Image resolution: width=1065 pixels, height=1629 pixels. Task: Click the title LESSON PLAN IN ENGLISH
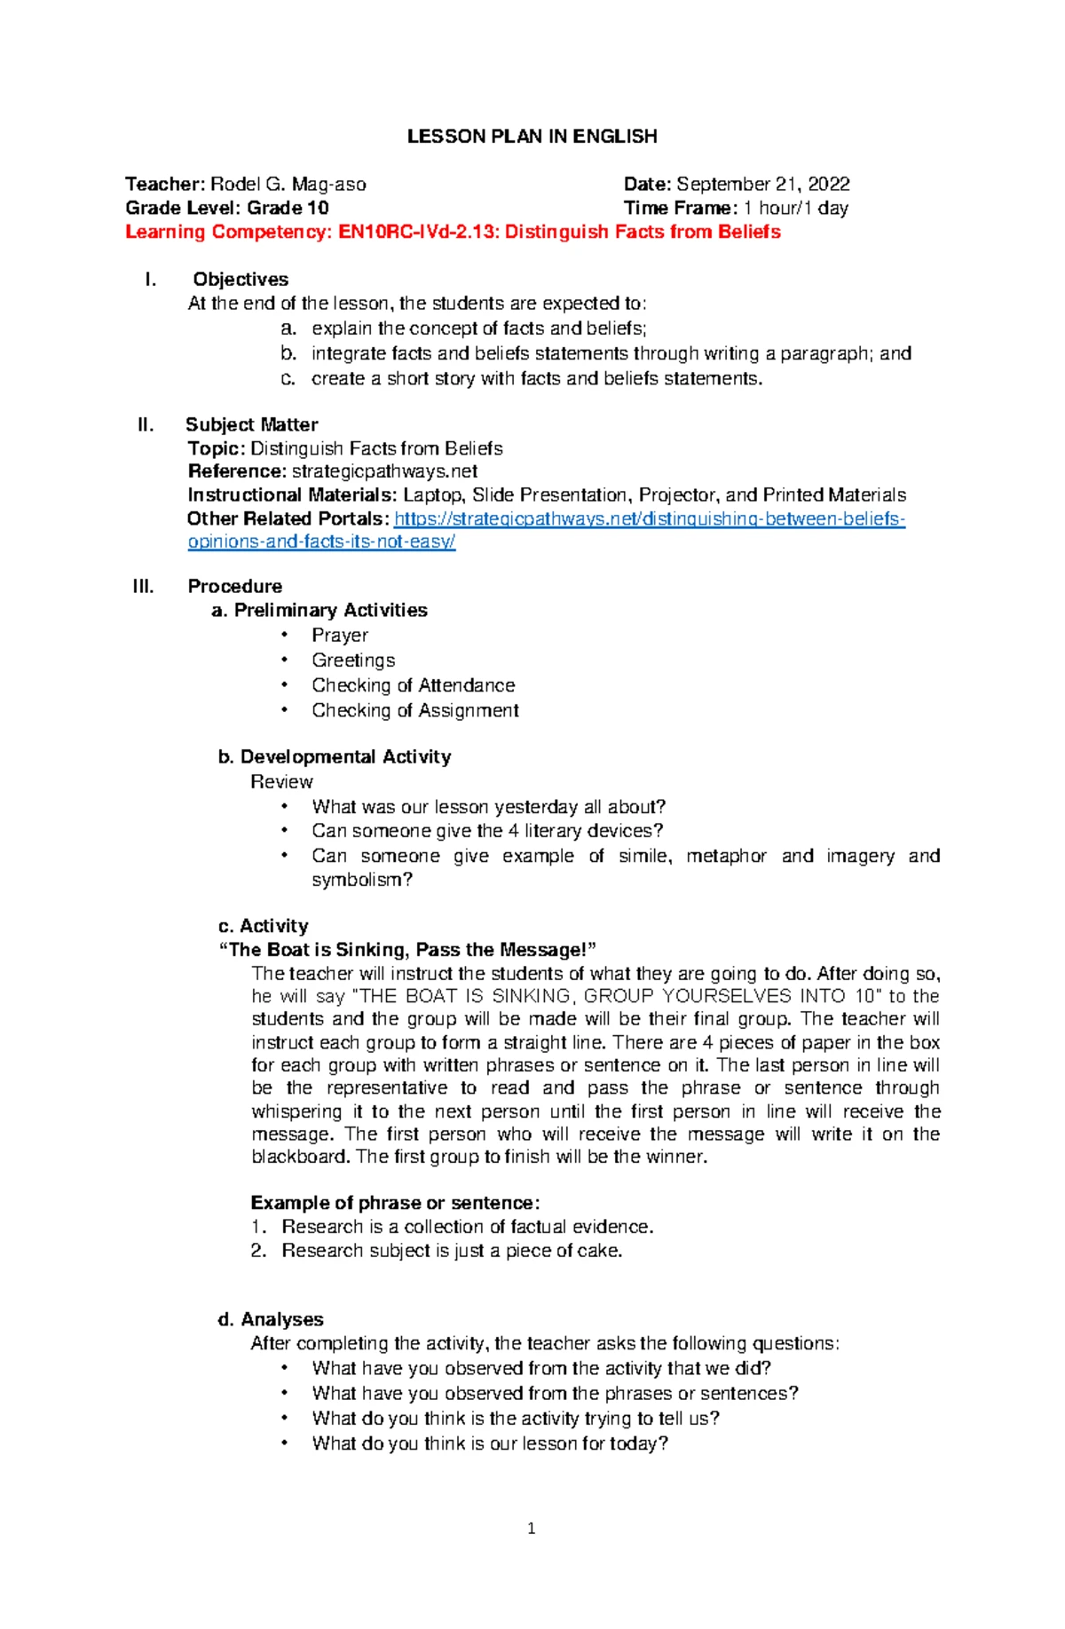pos(532,137)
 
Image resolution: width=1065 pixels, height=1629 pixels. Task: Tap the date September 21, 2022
pos(762,185)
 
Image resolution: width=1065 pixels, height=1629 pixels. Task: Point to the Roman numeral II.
pos(146,425)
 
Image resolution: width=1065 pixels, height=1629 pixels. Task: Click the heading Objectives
pos(241,280)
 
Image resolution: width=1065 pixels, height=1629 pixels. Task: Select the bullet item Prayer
pos(339,636)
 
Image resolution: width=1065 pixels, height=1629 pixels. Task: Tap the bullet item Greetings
pos(353,660)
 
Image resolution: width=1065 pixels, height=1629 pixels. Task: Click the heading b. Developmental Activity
pos(335,757)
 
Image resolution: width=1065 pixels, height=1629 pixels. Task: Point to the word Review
pos(281,782)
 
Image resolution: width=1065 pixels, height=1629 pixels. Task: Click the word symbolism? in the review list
pos(362,881)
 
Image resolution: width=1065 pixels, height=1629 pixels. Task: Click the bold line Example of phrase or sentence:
pos(395,1204)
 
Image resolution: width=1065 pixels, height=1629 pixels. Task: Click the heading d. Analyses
pos(271,1320)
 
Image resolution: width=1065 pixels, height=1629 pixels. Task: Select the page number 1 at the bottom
pos(531,1529)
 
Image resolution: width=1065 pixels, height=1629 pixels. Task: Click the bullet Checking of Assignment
pos(414,711)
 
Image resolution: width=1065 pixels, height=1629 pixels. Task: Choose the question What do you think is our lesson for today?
pos(489,1444)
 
